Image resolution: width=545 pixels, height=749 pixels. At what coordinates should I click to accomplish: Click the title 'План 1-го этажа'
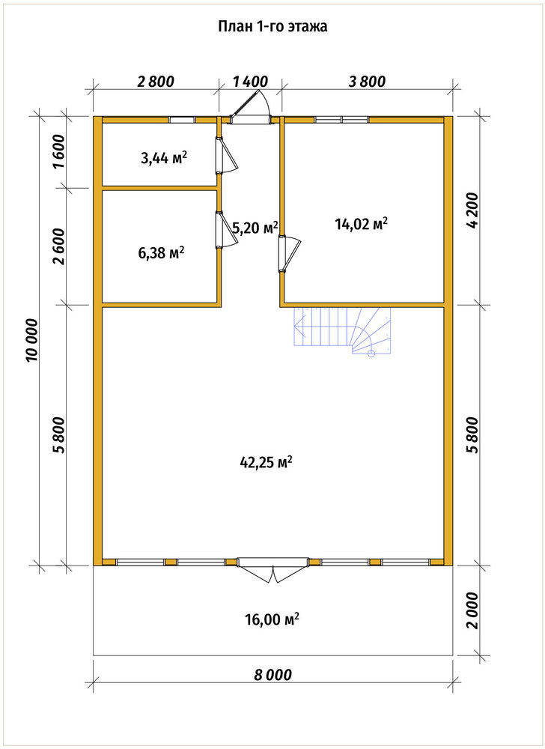click(x=272, y=27)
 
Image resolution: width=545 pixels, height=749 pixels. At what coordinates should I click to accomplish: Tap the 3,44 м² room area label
click(x=163, y=157)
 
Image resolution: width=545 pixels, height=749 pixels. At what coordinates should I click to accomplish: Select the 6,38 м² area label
click(x=161, y=252)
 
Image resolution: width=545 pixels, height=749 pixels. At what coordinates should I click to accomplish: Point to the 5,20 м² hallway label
click(x=255, y=228)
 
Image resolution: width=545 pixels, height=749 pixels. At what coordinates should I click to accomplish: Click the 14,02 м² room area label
click(x=361, y=223)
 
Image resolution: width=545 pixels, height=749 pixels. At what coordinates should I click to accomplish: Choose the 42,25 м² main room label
click(x=265, y=462)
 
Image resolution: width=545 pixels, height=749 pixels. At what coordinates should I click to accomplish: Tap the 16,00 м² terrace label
click(x=272, y=619)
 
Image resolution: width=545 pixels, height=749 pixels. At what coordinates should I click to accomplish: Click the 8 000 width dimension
click(x=272, y=675)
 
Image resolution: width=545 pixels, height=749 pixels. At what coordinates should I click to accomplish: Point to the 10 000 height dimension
click(x=32, y=340)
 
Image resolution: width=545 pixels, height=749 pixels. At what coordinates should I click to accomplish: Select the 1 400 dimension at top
click(x=251, y=82)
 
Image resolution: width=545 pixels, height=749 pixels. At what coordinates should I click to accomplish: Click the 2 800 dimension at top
click(x=156, y=82)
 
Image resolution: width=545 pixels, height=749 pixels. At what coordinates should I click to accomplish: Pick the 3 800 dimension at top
click(x=367, y=82)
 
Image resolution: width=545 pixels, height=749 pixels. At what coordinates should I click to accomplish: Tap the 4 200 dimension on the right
click(x=472, y=210)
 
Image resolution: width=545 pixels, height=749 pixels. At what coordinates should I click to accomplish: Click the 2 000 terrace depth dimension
click(x=472, y=611)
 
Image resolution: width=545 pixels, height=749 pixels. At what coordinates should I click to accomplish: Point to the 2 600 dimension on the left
click(x=59, y=246)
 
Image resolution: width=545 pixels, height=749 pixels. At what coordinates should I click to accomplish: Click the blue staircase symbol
click(x=343, y=330)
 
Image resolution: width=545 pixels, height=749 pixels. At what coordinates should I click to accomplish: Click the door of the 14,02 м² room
click(x=289, y=255)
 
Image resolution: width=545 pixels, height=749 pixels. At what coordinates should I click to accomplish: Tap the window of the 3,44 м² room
click(x=183, y=120)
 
